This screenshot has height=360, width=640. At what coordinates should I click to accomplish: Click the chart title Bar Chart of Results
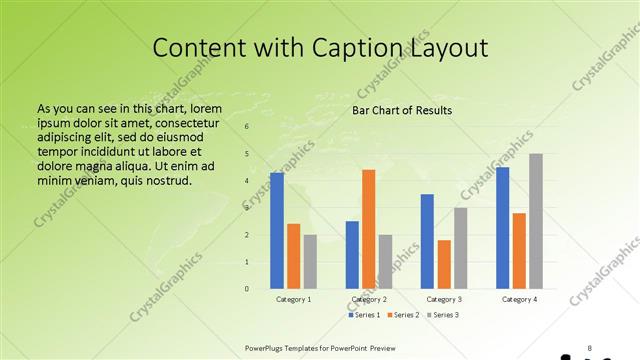(402, 110)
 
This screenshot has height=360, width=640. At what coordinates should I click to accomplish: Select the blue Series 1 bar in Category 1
(277, 231)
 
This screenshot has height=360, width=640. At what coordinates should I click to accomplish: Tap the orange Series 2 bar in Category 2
(369, 229)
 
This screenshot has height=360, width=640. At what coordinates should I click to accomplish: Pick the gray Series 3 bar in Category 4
(536, 221)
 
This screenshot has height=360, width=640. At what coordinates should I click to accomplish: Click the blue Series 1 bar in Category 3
(427, 241)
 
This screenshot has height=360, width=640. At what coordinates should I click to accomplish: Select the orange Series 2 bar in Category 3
(444, 264)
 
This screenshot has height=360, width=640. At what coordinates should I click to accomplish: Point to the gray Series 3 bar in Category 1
(310, 262)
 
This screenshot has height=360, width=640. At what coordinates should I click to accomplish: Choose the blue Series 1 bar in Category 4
(502, 228)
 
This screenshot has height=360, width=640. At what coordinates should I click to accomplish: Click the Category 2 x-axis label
(369, 299)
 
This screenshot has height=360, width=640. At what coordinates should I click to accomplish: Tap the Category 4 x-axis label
(519, 299)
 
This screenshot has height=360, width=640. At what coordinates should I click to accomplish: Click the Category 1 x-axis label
(294, 299)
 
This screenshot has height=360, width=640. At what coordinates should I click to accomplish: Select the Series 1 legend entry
(364, 315)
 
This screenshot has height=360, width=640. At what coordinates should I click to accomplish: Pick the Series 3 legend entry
(445, 315)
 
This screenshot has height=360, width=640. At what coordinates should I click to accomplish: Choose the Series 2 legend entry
(404, 315)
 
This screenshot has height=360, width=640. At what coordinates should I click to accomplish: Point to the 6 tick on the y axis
(247, 127)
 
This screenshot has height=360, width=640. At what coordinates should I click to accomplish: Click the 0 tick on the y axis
(247, 289)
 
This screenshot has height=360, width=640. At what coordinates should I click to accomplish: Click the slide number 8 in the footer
(589, 348)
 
